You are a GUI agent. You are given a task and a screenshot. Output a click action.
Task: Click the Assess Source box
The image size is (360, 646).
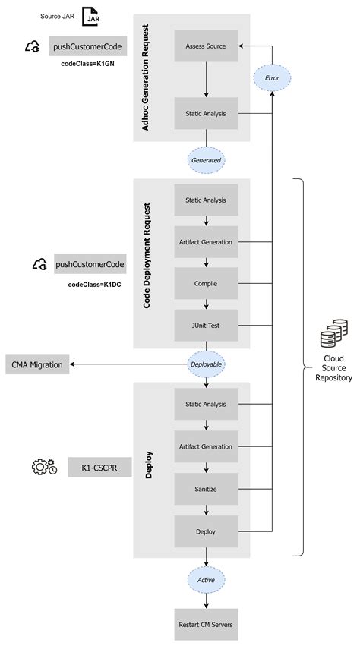click(x=206, y=47)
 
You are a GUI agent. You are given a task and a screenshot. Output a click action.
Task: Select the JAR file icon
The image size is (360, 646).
click(x=92, y=17)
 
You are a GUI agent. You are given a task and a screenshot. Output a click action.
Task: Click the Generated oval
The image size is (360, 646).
click(x=206, y=160)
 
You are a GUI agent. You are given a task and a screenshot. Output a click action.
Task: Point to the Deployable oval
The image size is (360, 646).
click(x=206, y=364)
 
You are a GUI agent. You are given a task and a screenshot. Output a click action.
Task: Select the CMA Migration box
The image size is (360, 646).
click(x=37, y=364)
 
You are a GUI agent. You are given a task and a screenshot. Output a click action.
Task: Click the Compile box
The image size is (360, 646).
click(x=206, y=284)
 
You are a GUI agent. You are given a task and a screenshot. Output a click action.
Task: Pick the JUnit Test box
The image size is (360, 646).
click(x=206, y=326)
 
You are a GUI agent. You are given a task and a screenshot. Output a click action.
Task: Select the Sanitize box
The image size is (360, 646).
click(x=206, y=489)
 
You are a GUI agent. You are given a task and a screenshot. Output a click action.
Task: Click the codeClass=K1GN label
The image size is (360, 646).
click(x=88, y=65)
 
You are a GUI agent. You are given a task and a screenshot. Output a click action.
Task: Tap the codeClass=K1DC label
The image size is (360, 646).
click(x=95, y=284)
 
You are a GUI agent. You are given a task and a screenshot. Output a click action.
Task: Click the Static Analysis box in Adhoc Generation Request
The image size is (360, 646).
click(x=206, y=114)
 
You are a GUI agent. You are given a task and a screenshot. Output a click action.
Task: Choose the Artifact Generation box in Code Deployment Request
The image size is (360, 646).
click(x=206, y=242)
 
